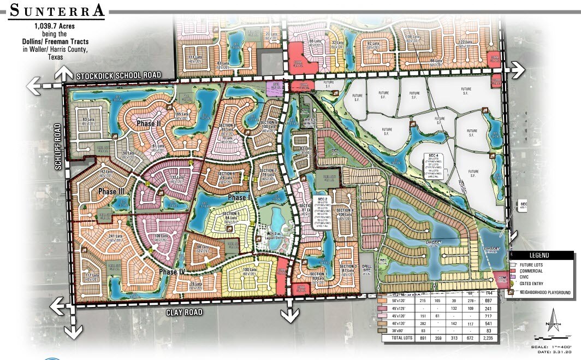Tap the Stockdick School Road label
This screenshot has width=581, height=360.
[119, 76]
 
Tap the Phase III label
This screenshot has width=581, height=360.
[111, 192]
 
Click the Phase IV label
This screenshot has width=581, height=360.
[175, 272]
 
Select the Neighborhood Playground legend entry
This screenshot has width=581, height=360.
[544, 292]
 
